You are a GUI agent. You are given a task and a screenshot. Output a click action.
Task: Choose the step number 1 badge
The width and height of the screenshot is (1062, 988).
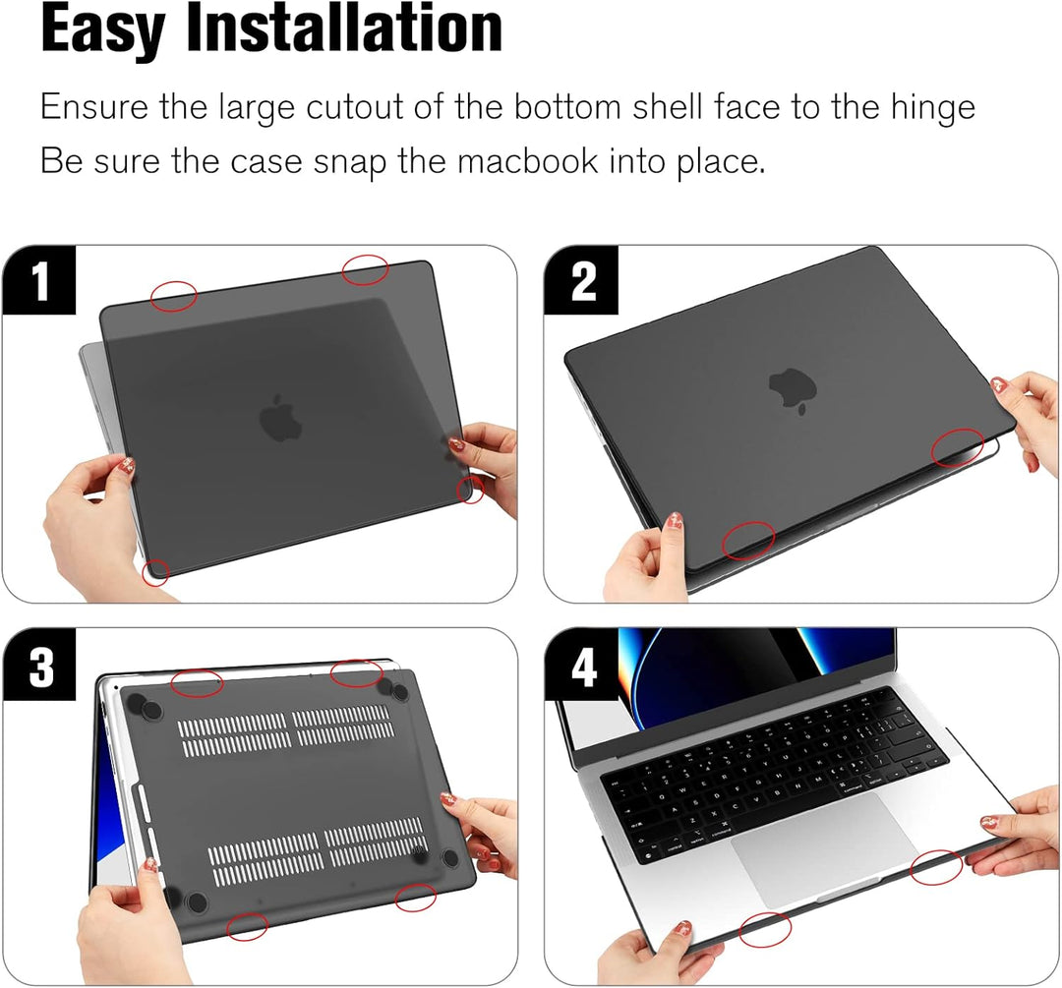pos(40,281)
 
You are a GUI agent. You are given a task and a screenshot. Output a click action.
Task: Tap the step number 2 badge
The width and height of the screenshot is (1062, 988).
pos(583,281)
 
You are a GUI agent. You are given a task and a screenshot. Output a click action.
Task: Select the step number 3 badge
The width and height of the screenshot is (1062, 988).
pos(40,667)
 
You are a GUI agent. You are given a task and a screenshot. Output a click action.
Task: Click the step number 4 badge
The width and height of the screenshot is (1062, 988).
pos(583,667)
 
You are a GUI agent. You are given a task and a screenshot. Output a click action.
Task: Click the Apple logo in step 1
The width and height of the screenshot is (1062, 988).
pos(280,420)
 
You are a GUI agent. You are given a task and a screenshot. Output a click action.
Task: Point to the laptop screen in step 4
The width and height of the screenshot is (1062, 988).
pos(757,668)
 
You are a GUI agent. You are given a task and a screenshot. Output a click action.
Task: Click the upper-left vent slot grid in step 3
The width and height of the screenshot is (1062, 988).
pos(234,735)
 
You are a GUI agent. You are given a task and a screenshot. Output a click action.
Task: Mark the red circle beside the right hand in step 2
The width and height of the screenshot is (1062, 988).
pos(958,447)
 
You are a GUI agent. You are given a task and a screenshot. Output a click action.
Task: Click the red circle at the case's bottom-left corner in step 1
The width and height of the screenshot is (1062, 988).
pos(155,571)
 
